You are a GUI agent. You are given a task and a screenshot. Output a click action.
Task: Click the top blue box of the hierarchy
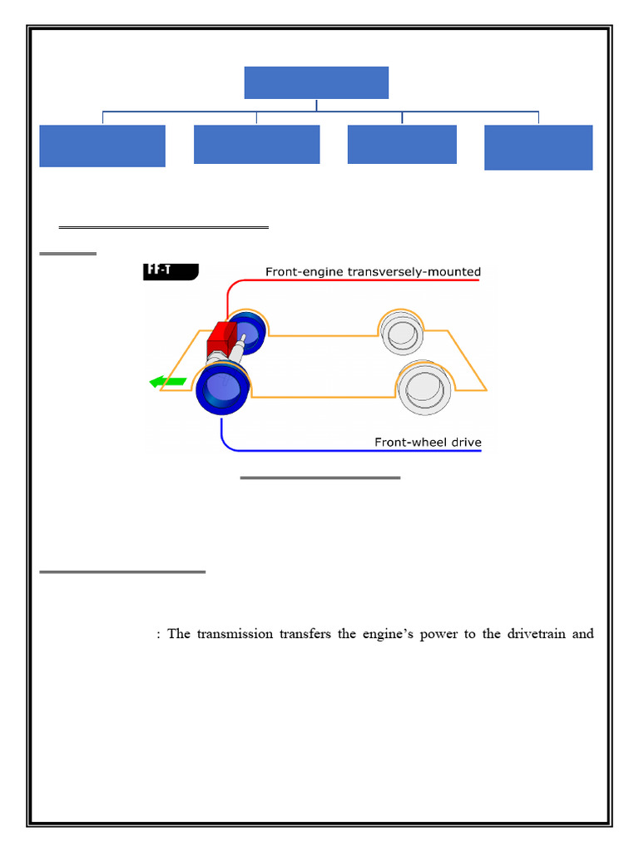(316, 82)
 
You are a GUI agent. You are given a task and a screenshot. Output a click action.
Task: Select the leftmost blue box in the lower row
(102, 146)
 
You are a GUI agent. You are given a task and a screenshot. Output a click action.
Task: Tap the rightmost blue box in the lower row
(538, 147)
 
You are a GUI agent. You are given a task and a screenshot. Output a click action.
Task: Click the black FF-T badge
(171, 270)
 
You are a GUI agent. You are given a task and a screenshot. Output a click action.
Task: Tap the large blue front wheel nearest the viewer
(224, 389)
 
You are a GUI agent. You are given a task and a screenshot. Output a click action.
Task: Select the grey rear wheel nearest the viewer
(424, 388)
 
